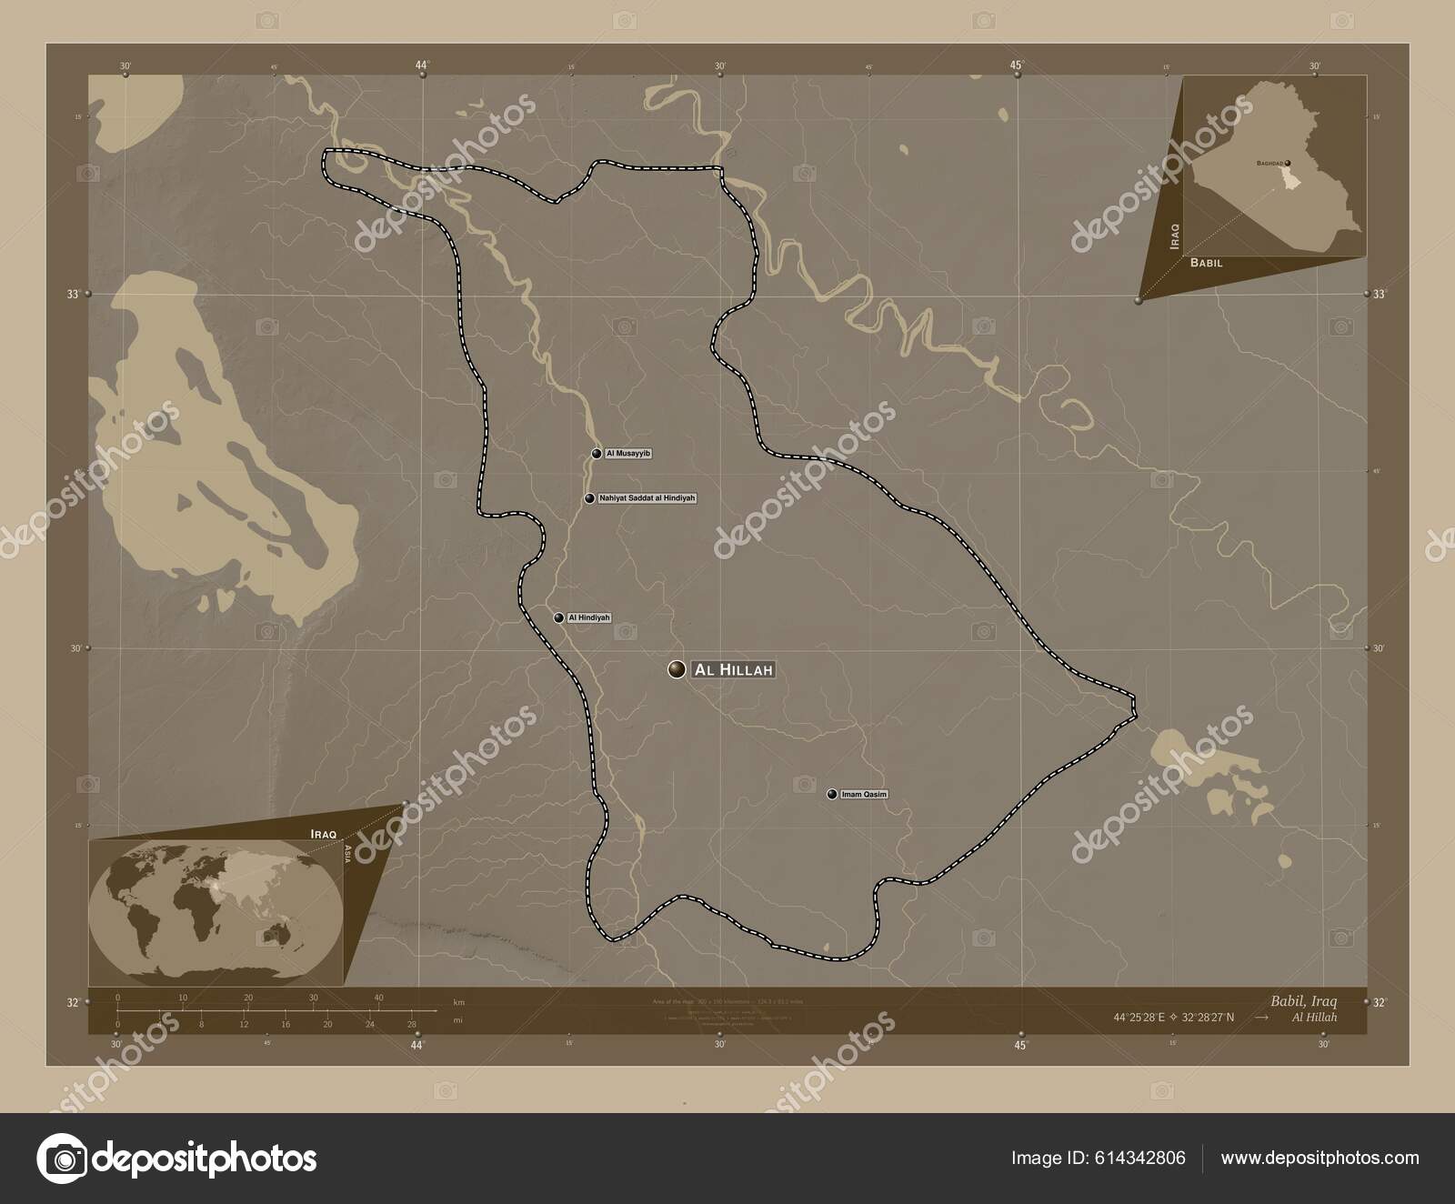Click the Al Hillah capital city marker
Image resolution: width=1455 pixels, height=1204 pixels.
[677, 670]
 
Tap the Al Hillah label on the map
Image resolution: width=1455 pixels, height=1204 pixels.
[733, 670]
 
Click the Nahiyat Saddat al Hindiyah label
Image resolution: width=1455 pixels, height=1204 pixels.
[647, 498]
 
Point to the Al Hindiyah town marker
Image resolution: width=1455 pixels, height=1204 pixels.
[559, 618]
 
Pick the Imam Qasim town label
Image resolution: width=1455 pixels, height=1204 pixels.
[864, 794]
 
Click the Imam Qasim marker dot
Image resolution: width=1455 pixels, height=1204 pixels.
[832, 794]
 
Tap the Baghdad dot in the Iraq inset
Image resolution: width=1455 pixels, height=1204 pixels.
[1288, 164]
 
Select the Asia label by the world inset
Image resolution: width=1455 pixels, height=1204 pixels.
[348, 853]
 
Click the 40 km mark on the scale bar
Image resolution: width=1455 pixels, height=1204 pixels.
[378, 998]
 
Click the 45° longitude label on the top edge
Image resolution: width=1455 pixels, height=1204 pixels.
[1017, 65]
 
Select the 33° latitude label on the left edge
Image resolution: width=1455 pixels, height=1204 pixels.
[73, 295]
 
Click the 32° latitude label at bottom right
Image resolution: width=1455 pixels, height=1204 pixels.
[1379, 1002]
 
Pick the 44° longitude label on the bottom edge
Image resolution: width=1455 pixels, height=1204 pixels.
[417, 1045]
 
